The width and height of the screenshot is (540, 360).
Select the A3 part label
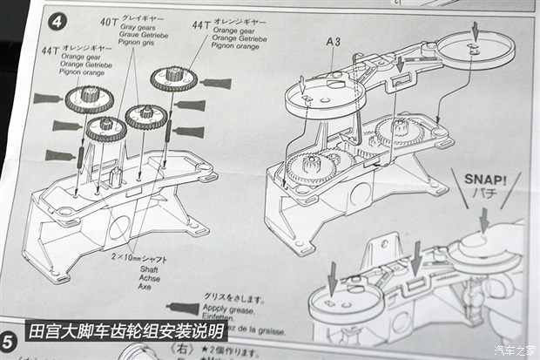(334, 41)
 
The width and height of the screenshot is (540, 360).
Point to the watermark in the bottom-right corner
(516, 350)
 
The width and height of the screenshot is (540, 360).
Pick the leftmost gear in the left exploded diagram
(87, 98)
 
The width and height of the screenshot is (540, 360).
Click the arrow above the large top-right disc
(474, 31)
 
